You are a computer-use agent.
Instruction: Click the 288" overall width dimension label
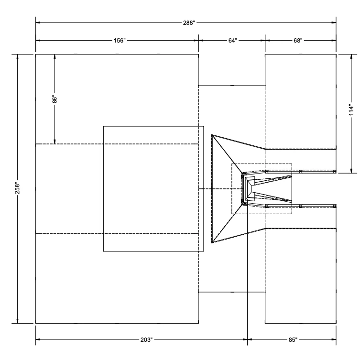189,22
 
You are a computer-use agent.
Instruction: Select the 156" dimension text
119,41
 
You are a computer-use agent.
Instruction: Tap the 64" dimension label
232,41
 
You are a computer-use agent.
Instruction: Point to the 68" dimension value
298,41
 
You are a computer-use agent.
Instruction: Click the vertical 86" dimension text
55,99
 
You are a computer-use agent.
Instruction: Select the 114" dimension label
351,110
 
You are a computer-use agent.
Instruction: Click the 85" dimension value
293,339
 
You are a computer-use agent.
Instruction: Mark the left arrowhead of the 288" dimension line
38,22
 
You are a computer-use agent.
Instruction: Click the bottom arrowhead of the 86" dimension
55,141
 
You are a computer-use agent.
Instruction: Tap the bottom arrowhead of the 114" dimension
351,170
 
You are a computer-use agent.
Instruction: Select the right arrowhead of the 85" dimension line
334,339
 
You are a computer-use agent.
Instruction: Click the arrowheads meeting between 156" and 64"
198,41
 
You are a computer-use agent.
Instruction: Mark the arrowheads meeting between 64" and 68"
265,41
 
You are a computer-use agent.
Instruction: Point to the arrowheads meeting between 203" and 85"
247,339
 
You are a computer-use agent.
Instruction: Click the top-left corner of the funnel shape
212,135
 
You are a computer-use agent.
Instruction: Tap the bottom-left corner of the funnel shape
212,242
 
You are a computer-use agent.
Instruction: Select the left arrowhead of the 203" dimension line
38,339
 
